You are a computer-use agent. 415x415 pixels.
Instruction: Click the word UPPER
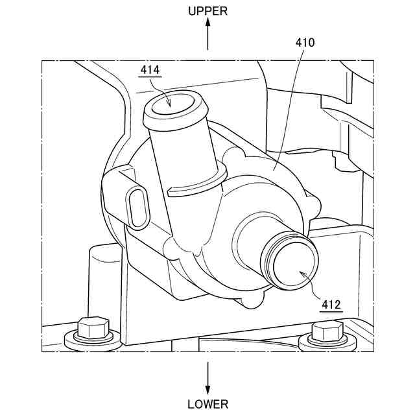pyautogui.click(x=207, y=11)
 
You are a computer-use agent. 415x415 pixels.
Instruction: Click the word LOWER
pyautogui.click(x=207, y=405)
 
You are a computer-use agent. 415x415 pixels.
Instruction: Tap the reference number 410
pyautogui.click(x=305, y=43)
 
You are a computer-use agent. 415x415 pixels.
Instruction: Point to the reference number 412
pyautogui.click(x=331, y=303)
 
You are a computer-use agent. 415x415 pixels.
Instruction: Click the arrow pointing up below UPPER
pyautogui.click(x=207, y=32)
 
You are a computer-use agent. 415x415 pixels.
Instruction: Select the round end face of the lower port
pyautogui.click(x=295, y=266)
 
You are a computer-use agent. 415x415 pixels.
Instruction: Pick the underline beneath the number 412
pyautogui.click(x=331, y=311)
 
